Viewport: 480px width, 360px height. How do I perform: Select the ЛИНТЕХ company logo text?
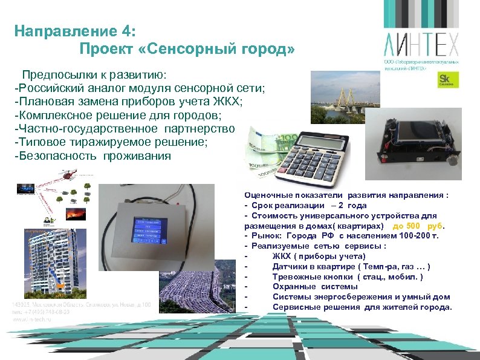tap(421, 44)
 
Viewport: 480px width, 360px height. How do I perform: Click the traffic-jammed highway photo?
tap(199, 290)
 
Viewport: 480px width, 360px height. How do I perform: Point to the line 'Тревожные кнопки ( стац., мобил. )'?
tap(348, 277)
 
